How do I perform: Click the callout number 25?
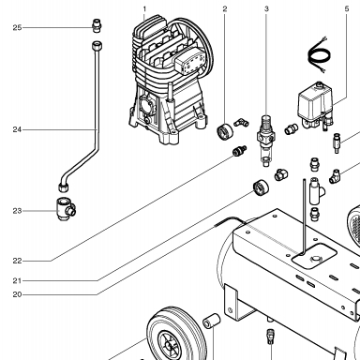[x=17, y=28]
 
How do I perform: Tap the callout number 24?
[x=17, y=129]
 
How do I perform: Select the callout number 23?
[x=17, y=211]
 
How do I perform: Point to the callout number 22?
[x=17, y=261]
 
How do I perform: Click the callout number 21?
[x=17, y=280]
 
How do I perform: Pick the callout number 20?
[x=17, y=294]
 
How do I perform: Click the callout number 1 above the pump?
[x=144, y=9]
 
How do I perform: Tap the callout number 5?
[x=347, y=8]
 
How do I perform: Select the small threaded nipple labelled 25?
[x=97, y=25]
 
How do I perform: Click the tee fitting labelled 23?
[x=66, y=209]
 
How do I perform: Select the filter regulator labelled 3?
[x=266, y=140]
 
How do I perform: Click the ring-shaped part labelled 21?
[x=261, y=187]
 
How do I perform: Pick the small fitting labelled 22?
[x=239, y=151]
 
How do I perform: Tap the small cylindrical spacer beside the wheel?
[x=212, y=321]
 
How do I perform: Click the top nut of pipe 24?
[x=97, y=46]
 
